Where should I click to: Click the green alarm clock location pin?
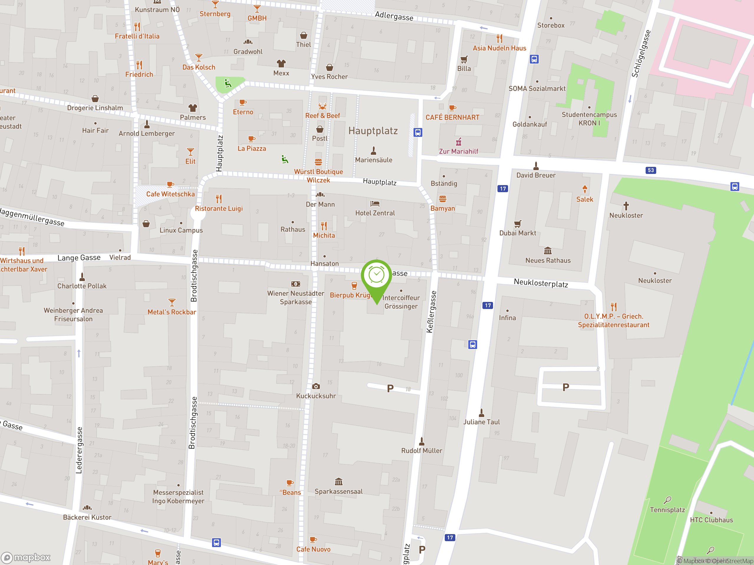coord(376,276)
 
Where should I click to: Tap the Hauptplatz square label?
coord(373,131)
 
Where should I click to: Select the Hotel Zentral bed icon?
coord(375,204)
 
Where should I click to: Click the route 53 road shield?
coord(651,170)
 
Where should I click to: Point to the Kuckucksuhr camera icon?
coord(316,386)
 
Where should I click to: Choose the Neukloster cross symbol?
coord(626,206)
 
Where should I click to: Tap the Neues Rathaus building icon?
coord(548,251)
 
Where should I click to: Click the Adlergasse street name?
coord(394,16)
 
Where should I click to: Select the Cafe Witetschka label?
coord(171,194)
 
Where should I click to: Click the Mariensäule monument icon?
coord(373,150)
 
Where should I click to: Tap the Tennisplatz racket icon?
coord(667,500)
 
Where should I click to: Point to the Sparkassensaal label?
coord(338,491)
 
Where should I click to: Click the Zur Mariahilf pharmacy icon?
coord(459,142)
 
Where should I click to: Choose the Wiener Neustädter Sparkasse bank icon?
coord(295,284)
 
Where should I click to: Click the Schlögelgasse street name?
coord(641,54)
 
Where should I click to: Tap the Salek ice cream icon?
coord(585,189)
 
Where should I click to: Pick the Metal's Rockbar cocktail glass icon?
coord(172,302)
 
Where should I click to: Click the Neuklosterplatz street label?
coord(541,283)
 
